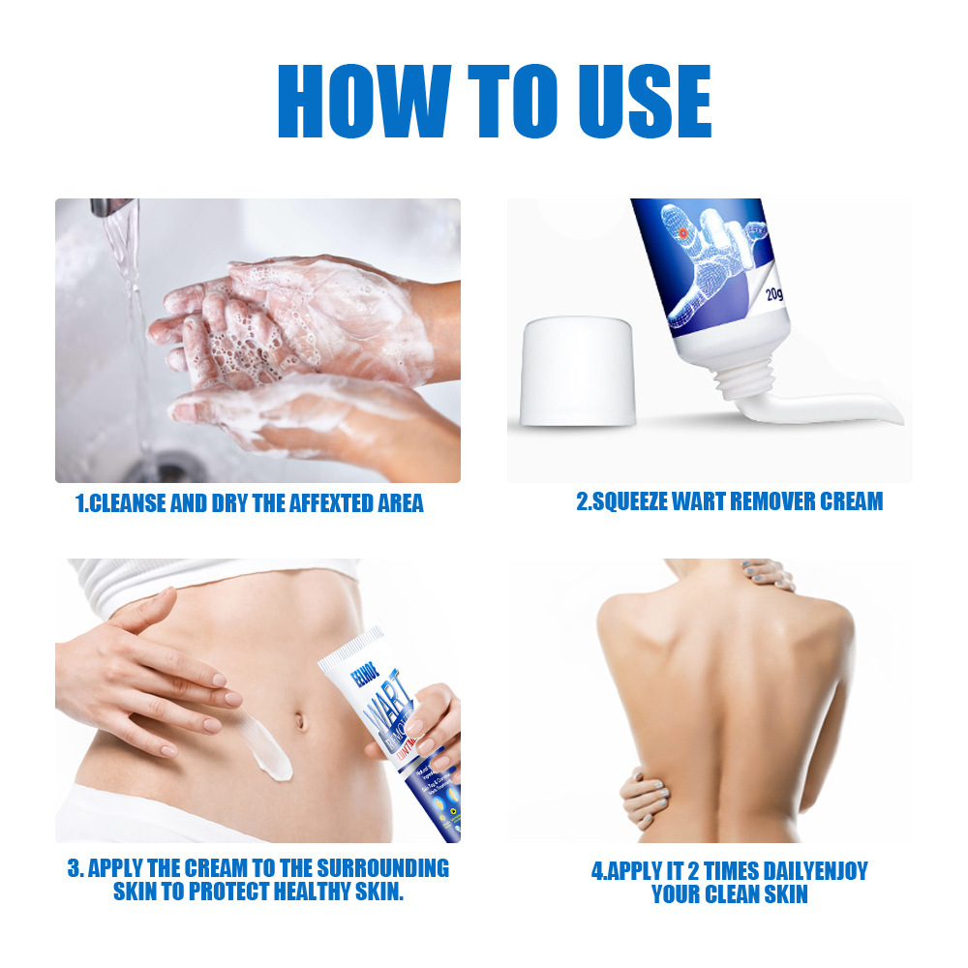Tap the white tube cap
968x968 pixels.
click(578, 373)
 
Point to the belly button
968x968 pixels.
click(304, 720)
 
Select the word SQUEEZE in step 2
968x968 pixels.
click(633, 501)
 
